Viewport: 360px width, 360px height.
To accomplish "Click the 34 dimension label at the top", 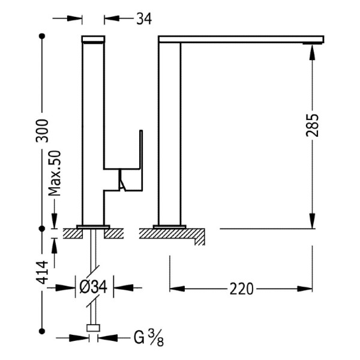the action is [x=144, y=19].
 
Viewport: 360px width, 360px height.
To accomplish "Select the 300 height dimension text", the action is [x=43, y=131].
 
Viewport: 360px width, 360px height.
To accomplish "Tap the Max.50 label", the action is [x=55, y=173].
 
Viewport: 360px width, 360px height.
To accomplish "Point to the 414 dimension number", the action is [x=43, y=272].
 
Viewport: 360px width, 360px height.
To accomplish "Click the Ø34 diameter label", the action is [x=93, y=287].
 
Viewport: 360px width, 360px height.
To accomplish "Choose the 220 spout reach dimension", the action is [x=242, y=289].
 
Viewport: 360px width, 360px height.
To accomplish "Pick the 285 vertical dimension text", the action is [x=313, y=125].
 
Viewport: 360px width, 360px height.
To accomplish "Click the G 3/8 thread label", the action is [x=149, y=338].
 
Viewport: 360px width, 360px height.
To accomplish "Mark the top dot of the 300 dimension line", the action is [x=42, y=36].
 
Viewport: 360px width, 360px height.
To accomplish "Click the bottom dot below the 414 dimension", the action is [x=42, y=331].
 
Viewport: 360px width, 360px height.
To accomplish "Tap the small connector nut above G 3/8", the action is [x=93, y=328].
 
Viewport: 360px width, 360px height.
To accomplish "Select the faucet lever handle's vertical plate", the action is [x=141, y=160].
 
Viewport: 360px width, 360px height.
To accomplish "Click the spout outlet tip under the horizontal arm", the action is [x=313, y=43].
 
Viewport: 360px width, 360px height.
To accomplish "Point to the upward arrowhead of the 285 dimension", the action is [x=312, y=52].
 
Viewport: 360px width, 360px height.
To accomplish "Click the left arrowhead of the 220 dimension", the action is [x=177, y=289].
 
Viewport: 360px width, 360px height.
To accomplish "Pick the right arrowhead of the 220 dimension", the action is [x=305, y=289].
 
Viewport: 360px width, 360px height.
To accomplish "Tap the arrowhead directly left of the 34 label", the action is [x=112, y=19].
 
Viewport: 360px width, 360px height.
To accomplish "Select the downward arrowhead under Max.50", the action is [x=55, y=221].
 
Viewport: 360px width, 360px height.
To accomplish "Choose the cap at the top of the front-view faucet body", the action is [x=93, y=39].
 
